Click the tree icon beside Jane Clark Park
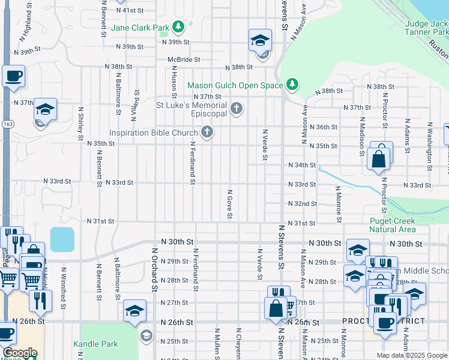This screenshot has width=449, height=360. pyautogui.click(x=178, y=26)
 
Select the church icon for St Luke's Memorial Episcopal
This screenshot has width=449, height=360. pyautogui.click(x=237, y=109)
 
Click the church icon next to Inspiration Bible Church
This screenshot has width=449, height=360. pyautogui.click(x=207, y=132)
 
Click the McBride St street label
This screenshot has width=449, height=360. pyautogui.click(x=184, y=59)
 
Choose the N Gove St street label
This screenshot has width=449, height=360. pyautogui.click(x=230, y=204)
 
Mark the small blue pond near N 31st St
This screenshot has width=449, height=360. pyautogui.click(x=62, y=239)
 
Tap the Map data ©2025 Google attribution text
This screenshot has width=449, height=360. pyautogui.click(x=411, y=355)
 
